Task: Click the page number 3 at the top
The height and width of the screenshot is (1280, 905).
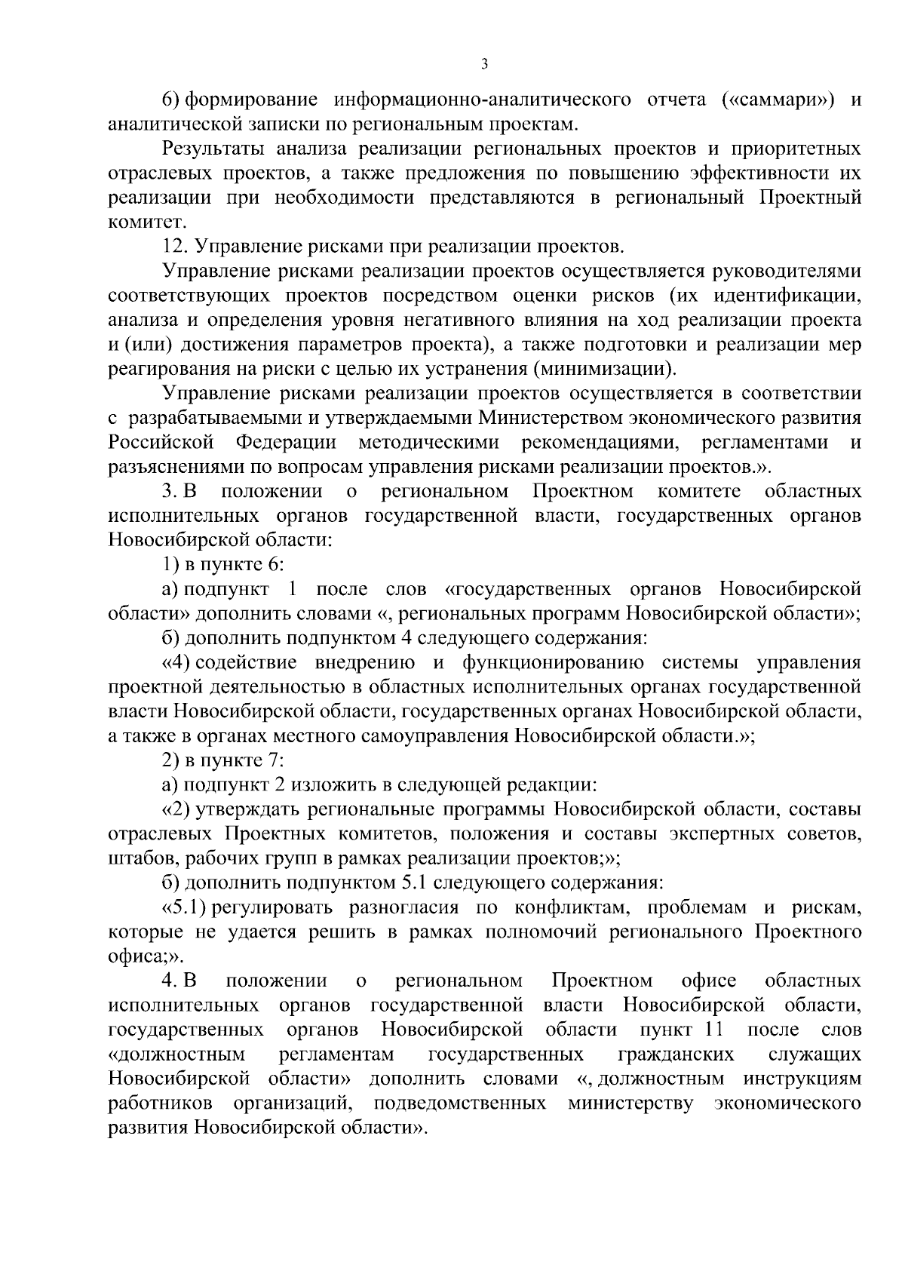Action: [484, 64]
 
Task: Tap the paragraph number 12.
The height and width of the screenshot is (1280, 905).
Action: [176, 247]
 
